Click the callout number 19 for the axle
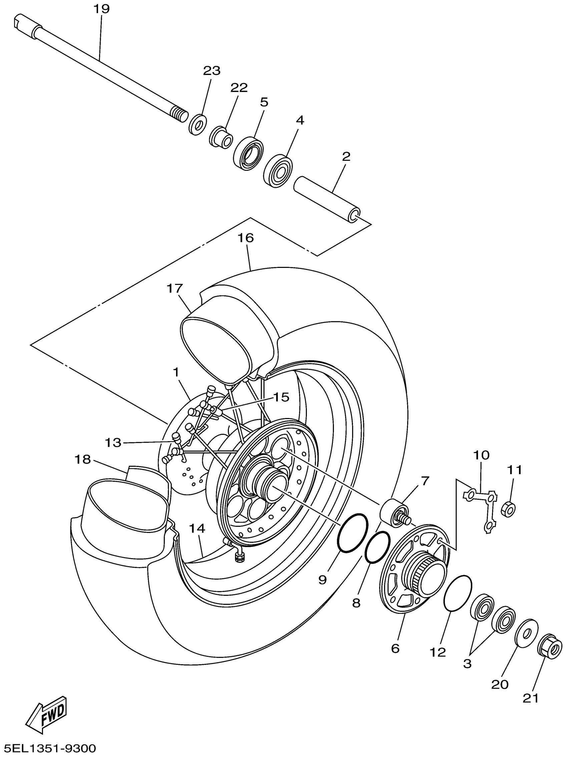coord(101,9)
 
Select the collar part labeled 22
coord(221,137)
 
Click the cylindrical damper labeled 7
coord(394,513)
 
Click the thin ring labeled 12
coord(458,593)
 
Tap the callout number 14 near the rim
coord(197,529)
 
